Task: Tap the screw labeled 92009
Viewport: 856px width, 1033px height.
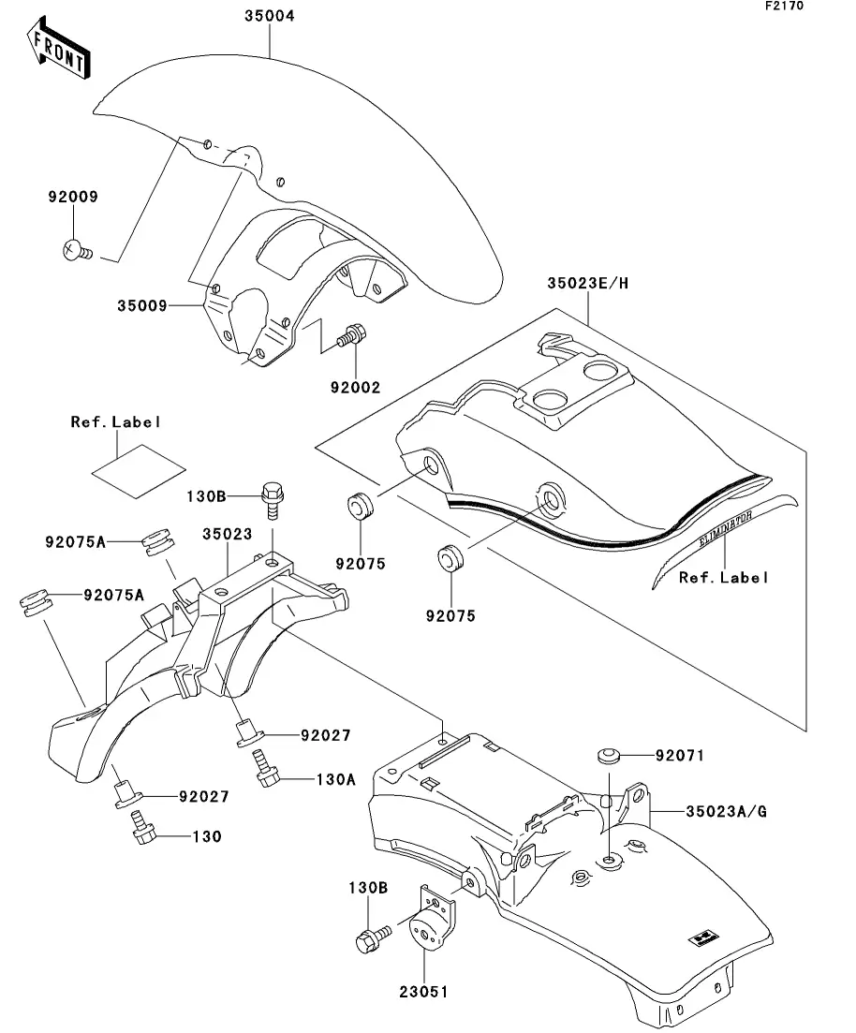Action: [x=74, y=250]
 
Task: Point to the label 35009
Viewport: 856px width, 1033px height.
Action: [x=142, y=304]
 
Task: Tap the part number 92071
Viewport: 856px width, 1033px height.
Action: [x=679, y=755]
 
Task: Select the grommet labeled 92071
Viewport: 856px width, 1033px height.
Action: [x=609, y=755]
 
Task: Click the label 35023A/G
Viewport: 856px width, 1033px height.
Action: [x=726, y=810]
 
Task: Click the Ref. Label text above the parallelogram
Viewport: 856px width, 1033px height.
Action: [x=116, y=422]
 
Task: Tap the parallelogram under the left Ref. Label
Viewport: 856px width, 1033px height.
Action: [x=138, y=467]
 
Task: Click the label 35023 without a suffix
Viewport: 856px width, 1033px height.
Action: [x=226, y=535]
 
